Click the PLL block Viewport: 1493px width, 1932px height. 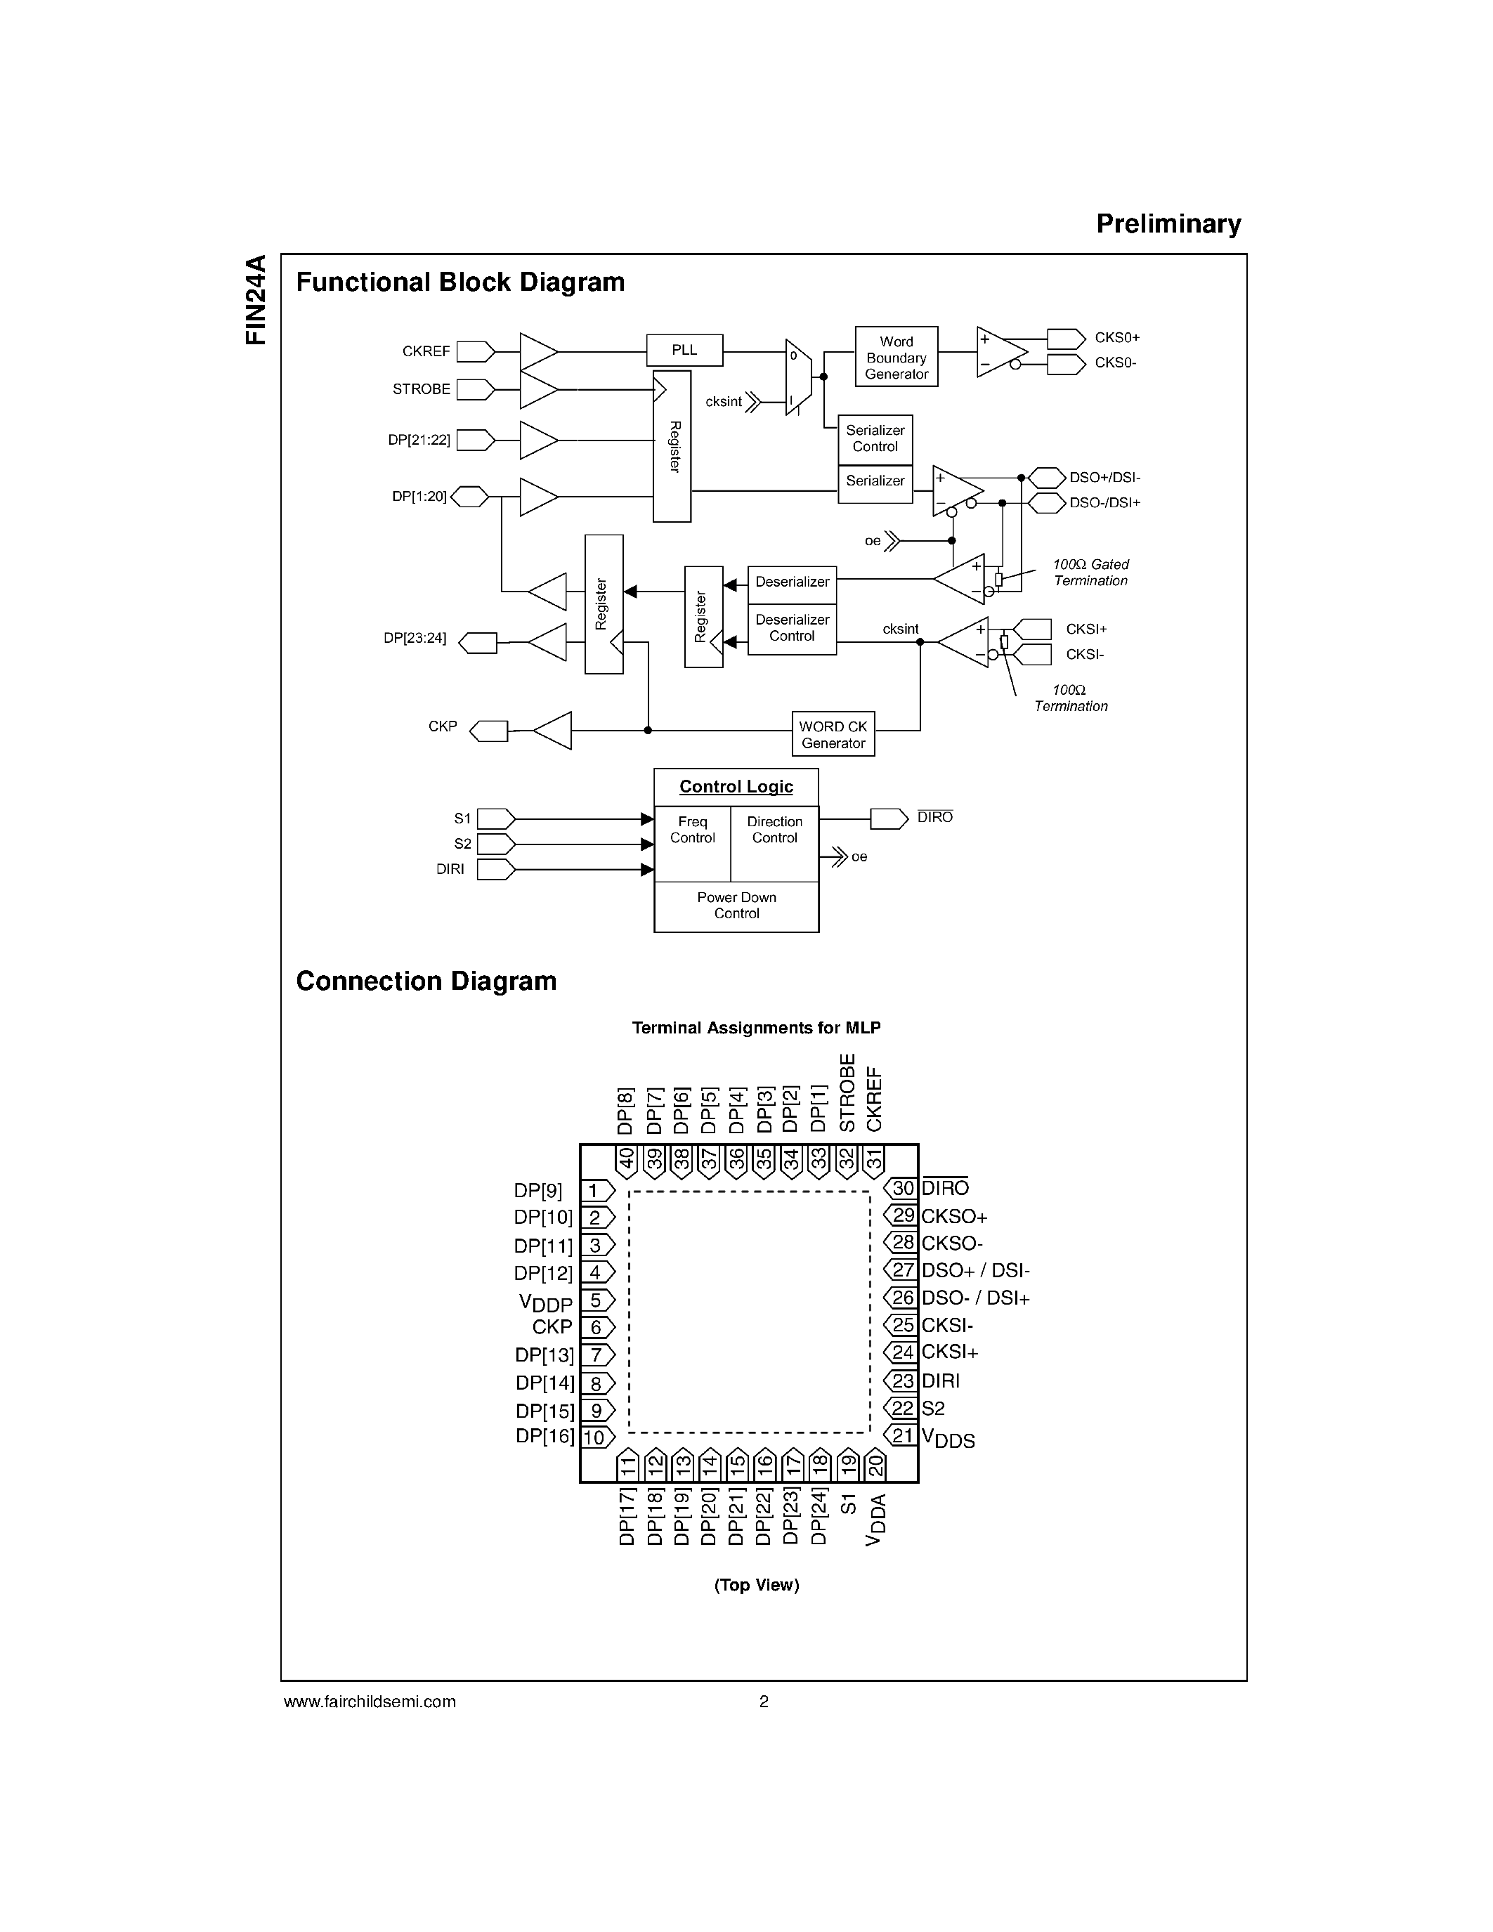click(x=684, y=351)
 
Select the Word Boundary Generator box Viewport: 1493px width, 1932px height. click(x=896, y=358)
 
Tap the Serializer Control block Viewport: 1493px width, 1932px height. click(x=875, y=439)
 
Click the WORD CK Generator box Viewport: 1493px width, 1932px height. click(x=833, y=734)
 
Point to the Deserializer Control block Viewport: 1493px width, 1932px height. click(x=792, y=628)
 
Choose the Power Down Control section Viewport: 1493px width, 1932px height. click(x=736, y=906)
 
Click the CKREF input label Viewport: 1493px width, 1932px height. click(x=426, y=351)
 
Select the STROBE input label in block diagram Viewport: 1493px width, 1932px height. click(x=421, y=389)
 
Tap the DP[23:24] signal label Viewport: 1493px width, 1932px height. click(x=415, y=637)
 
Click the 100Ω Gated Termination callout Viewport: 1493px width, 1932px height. click(x=1090, y=573)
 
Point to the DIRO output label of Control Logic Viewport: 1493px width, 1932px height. click(x=935, y=817)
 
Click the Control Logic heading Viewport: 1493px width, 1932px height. click(x=736, y=786)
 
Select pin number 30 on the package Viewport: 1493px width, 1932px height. click(x=902, y=1188)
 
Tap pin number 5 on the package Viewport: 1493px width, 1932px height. click(x=596, y=1300)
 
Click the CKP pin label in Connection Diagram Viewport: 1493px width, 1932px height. click(x=552, y=1327)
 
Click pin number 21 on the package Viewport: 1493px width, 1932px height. click(x=902, y=1435)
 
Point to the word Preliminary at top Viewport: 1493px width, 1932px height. click(x=1168, y=224)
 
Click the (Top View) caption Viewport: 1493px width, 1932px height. click(x=756, y=1584)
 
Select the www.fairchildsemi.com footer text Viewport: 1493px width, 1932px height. click(x=370, y=1701)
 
